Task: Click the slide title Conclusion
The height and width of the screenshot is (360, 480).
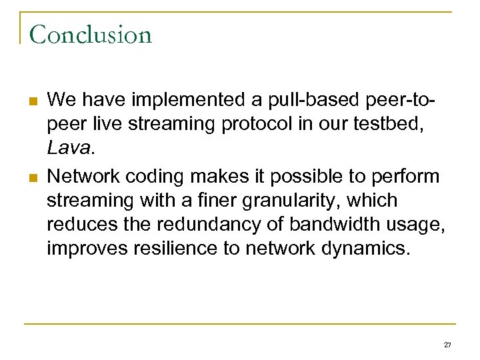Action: point(90,34)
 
